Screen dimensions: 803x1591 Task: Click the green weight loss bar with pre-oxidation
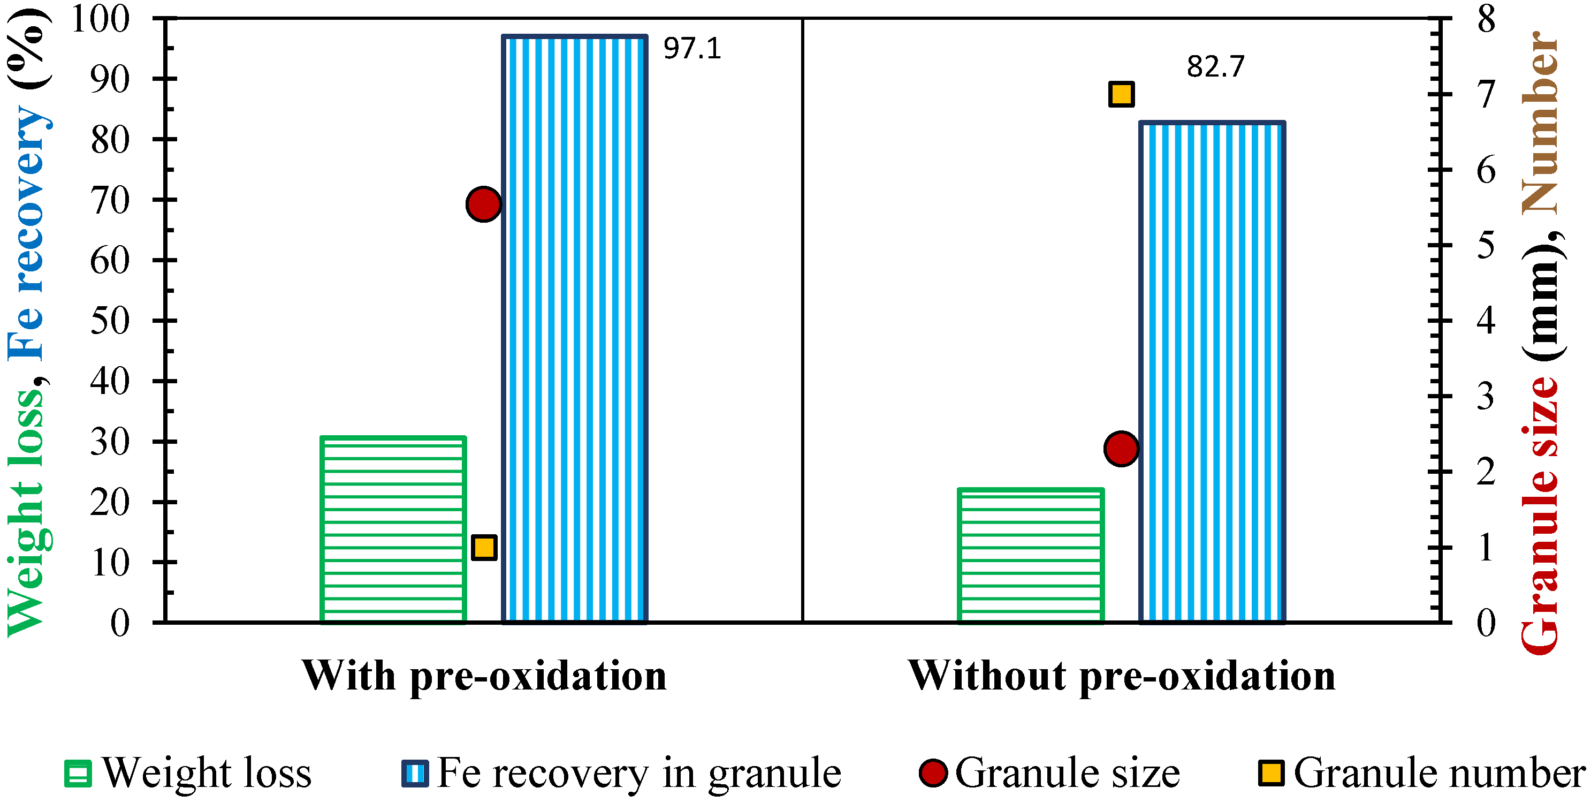click(393, 529)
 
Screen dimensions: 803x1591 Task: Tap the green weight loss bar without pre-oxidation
click(1030, 555)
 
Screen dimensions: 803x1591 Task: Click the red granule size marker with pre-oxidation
click(484, 204)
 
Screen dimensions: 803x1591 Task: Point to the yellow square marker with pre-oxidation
click(484, 547)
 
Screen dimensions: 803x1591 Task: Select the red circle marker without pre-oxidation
click(1121, 449)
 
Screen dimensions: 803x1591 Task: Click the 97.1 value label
click(692, 49)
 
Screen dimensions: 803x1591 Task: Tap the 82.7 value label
click(1215, 67)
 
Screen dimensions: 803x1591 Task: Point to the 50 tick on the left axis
click(110, 321)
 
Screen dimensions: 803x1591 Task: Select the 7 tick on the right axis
click(1486, 95)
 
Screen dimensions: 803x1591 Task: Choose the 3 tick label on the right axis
click(1486, 397)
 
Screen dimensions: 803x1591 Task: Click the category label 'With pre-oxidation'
click(484, 676)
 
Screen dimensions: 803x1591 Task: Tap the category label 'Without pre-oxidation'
click(1121, 676)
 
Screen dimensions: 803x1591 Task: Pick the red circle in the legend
click(933, 772)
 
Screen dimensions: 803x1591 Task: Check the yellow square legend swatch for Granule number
click(1271, 772)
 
